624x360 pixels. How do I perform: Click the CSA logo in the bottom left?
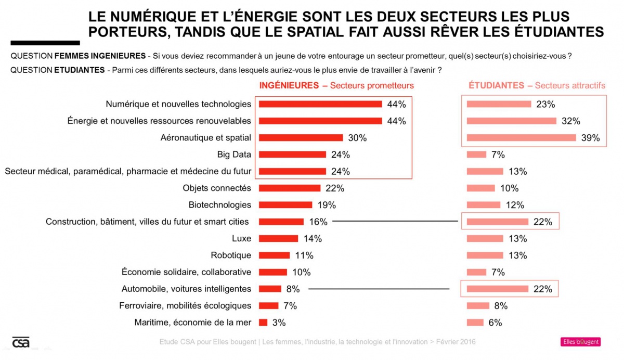pos(21,342)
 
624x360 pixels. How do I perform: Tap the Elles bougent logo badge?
pos(580,342)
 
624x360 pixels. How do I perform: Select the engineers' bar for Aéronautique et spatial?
pos(301,138)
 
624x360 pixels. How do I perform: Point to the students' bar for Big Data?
pos(476,155)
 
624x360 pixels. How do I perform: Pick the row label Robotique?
pos(231,255)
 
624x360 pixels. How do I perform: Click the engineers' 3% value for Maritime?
pos(279,323)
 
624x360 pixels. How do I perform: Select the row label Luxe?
pos(241,239)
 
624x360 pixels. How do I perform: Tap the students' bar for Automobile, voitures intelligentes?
pos(497,289)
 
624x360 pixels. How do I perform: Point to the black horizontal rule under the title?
pos(45,43)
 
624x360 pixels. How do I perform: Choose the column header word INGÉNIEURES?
pos(289,85)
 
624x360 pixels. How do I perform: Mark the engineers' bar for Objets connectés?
pos(290,188)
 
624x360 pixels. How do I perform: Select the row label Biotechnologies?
pos(220,205)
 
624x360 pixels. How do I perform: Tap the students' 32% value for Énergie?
pos(571,121)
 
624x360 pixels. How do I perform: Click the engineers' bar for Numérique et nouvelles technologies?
pos(320,104)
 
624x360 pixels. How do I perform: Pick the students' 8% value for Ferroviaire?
pos(500,306)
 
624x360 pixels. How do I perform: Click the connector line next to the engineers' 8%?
pos(379,289)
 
